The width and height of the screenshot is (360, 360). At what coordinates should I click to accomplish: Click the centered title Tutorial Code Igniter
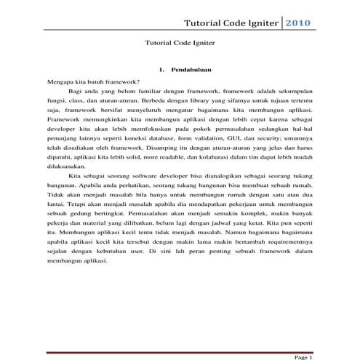click(x=180, y=43)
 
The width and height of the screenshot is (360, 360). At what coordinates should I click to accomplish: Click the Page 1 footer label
click(x=303, y=356)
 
